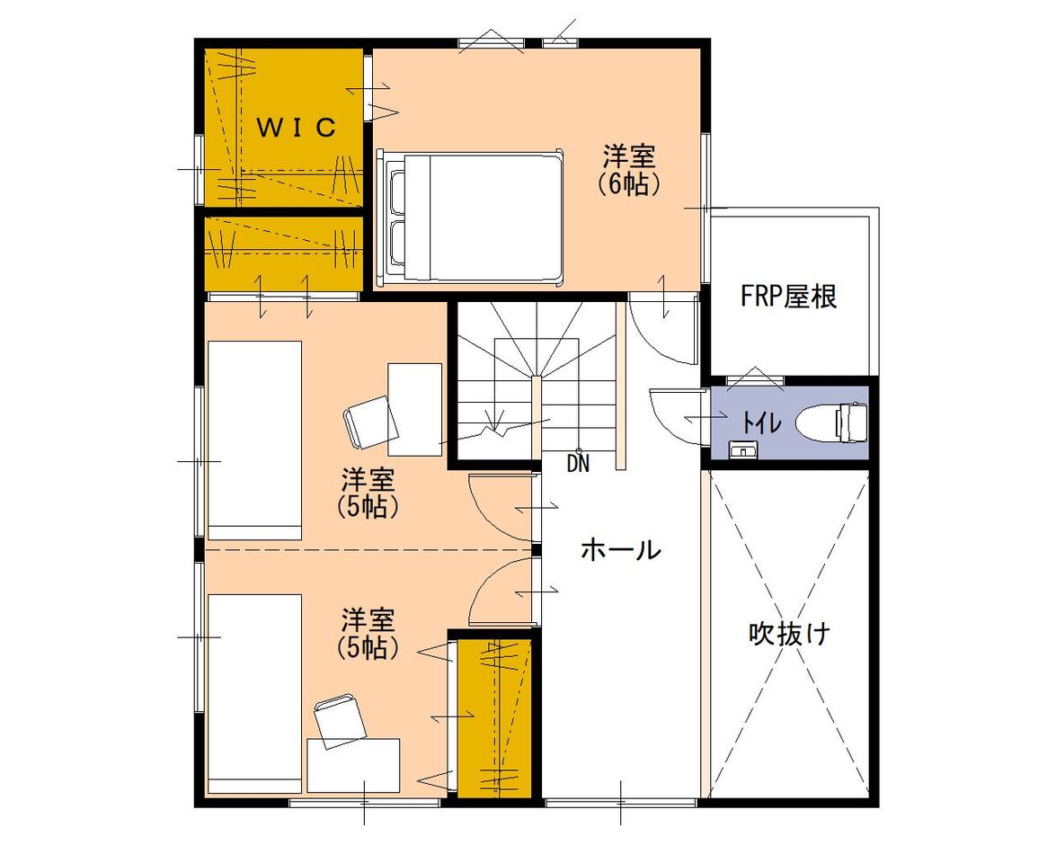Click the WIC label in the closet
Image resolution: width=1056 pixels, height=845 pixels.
coord(297,128)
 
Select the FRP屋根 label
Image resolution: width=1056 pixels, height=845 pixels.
coord(788,297)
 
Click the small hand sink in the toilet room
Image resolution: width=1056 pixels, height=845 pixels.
coord(742,449)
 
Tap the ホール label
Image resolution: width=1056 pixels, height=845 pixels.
coord(621,548)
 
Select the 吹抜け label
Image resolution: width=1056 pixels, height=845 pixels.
coord(789,634)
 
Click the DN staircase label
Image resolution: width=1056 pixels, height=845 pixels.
coord(579,464)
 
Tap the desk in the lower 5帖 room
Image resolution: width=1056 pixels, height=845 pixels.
coord(353,764)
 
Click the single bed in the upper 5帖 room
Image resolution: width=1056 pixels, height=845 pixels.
coord(253,440)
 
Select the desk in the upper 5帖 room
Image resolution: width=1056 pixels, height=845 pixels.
coord(414,409)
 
